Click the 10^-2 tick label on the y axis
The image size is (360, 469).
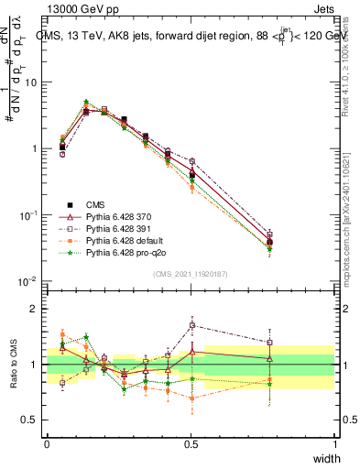[28, 281]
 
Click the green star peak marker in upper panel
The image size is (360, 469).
[86, 103]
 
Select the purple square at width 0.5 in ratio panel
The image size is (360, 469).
[191, 325]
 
